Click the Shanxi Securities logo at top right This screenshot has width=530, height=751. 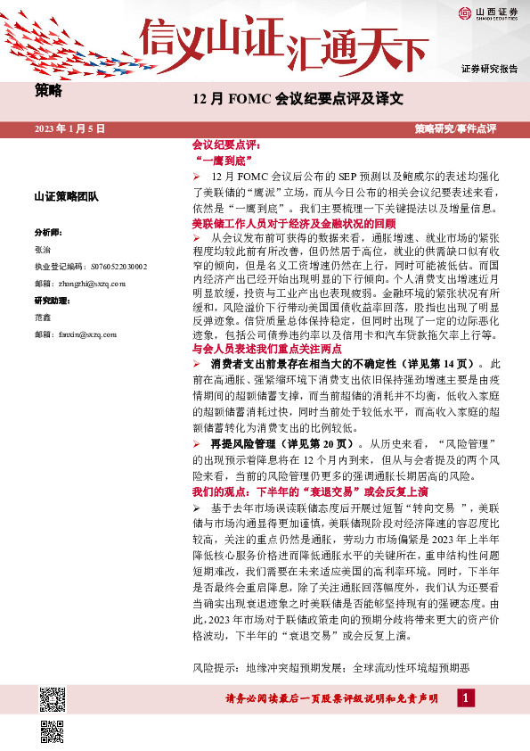tap(488, 12)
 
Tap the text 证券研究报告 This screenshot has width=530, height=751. tap(489, 69)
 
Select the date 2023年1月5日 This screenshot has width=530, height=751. tap(69, 129)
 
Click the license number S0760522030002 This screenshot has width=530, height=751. tap(106, 266)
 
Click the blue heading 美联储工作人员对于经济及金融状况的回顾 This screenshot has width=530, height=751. tap(293, 223)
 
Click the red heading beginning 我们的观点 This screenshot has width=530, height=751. tap(309, 492)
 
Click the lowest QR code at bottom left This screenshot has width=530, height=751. tap(53, 731)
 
